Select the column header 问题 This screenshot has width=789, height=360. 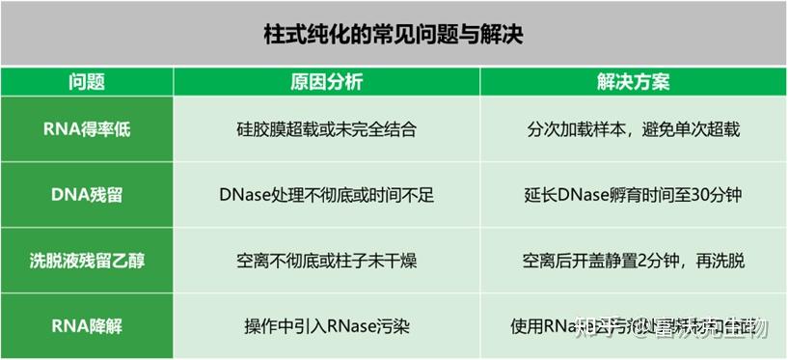[87, 82]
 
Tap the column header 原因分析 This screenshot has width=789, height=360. [326, 82]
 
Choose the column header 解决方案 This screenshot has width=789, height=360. [634, 82]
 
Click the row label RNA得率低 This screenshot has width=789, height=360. [87, 129]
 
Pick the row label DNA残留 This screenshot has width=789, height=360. [87, 195]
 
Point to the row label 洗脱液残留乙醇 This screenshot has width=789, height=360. [87, 261]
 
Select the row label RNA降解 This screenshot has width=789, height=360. [87, 326]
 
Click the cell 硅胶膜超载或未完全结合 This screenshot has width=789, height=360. [326, 129]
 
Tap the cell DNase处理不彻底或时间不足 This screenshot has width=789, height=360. [326, 195]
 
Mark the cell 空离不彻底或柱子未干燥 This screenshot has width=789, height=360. [326, 261]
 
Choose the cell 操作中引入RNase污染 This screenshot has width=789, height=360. [326, 326]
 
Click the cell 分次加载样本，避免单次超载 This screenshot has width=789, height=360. [634, 129]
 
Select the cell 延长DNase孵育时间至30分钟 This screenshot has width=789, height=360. [634, 195]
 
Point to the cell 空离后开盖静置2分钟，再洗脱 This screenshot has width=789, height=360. [634, 261]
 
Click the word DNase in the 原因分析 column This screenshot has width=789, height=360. [243, 195]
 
